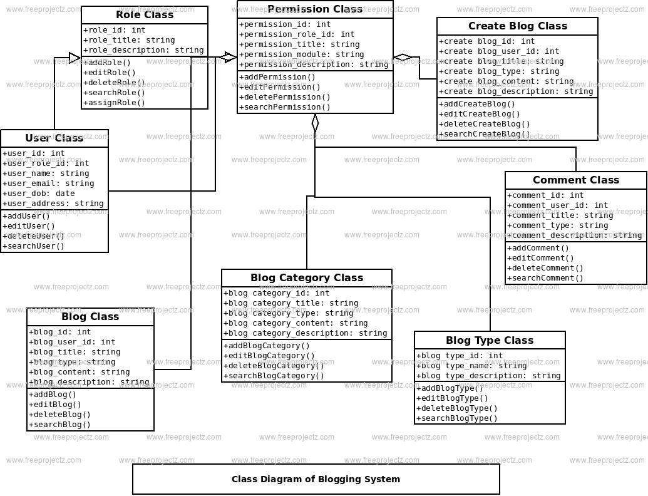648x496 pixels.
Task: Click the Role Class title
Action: point(145,15)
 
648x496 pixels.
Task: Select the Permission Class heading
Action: point(315,9)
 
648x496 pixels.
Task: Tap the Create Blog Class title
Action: point(517,26)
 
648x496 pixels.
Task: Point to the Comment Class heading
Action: point(575,180)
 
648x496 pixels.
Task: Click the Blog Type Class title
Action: point(490,341)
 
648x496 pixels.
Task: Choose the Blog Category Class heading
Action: point(307,278)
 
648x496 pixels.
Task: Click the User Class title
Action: point(54,138)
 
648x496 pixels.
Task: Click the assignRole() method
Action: point(114,103)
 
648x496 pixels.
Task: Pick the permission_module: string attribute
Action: point(302,54)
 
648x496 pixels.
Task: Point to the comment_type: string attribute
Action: point(558,225)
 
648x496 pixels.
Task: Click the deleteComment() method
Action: point(545,268)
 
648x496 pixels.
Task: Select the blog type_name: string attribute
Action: point(471,366)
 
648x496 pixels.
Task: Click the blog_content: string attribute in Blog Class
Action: point(80,372)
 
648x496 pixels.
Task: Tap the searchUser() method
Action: point(34,246)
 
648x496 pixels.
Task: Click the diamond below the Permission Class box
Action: point(315,123)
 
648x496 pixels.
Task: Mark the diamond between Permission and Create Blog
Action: point(403,58)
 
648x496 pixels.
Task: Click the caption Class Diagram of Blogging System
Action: point(316,480)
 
